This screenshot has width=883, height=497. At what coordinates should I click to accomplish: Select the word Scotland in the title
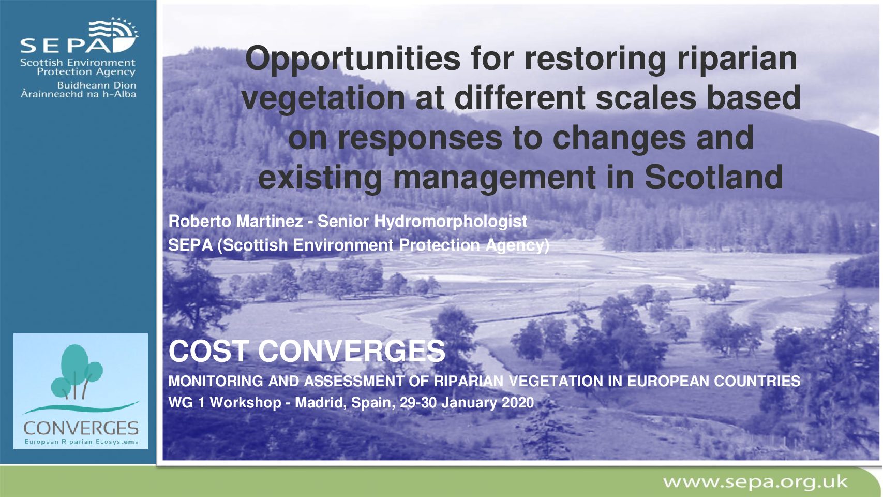pos(714,177)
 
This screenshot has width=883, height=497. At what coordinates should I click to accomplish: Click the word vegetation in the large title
pos(323,98)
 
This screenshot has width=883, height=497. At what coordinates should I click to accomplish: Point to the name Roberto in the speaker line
pos(200,221)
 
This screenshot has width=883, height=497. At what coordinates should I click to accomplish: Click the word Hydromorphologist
pos(450,222)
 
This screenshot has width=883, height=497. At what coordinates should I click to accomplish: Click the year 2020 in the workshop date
pos(518,403)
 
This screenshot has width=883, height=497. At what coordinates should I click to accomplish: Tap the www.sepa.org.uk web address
pos(755,481)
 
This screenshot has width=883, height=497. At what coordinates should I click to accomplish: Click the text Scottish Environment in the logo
pos(78,63)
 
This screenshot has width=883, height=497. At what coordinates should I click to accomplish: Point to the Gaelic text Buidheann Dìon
pos(97,85)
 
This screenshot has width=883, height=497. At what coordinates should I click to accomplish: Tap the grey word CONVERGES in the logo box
pos(81,428)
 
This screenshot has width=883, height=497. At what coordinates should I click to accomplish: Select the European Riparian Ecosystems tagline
pos(81,442)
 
